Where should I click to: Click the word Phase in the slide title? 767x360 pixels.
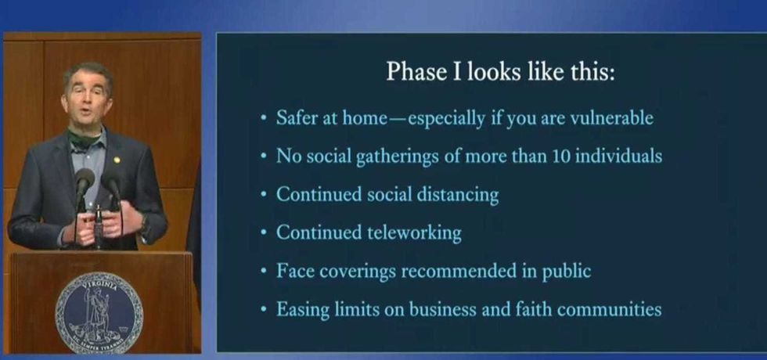[415, 72]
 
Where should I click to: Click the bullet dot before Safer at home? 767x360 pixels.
[265, 118]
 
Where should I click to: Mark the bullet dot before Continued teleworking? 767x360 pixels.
[265, 233]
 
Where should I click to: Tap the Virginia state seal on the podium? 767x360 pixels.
[99, 312]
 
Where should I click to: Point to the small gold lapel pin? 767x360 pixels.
[117, 159]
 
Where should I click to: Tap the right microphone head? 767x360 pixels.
[111, 182]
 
